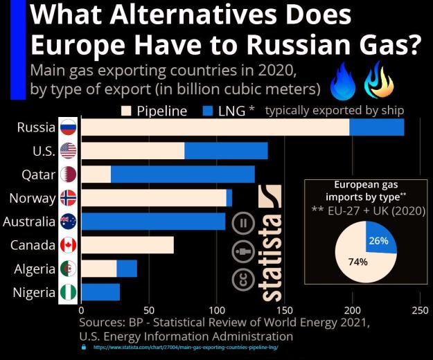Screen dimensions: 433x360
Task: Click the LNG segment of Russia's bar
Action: coord(377,127)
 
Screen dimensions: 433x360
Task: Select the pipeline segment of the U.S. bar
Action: coord(133,151)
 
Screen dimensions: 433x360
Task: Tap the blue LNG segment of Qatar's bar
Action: coord(183,174)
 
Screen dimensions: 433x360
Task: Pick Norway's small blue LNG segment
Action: coord(229,198)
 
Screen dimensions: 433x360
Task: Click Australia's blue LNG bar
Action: coord(154,222)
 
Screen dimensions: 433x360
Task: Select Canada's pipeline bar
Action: coord(128,245)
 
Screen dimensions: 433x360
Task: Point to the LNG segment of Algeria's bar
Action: coord(127,269)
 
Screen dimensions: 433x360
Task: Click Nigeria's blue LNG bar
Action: coord(100,292)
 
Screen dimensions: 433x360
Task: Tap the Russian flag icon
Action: coord(68,127)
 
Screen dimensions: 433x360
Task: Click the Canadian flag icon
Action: coord(68,245)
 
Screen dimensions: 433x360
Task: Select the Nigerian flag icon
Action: coord(68,292)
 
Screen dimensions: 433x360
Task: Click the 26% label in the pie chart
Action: coord(378,241)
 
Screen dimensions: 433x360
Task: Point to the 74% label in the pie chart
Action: coord(358,262)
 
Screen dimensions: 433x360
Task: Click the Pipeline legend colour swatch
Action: coord(126,111)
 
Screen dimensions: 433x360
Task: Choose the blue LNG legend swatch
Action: coord(208,111)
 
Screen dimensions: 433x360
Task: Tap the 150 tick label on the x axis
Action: coord(285,311)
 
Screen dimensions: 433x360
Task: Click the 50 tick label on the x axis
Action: coord(149,311)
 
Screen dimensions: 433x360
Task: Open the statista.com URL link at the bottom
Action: coord(186,348)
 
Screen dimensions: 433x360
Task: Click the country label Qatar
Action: coord(38,175)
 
